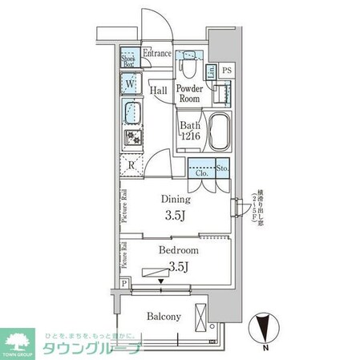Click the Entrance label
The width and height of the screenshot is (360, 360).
point(159,54)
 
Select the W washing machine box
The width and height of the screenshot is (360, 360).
point(131,82)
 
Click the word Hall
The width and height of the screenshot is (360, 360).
point(157,91)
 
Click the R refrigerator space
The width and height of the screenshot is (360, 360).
point(131,166)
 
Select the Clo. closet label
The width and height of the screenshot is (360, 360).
point(199,170)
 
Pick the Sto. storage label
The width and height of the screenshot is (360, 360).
point(222,169)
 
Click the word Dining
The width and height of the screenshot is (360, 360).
point(176,199)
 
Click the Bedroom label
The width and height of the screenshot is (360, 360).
point(177,250)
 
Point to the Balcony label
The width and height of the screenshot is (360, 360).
point(164,317)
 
